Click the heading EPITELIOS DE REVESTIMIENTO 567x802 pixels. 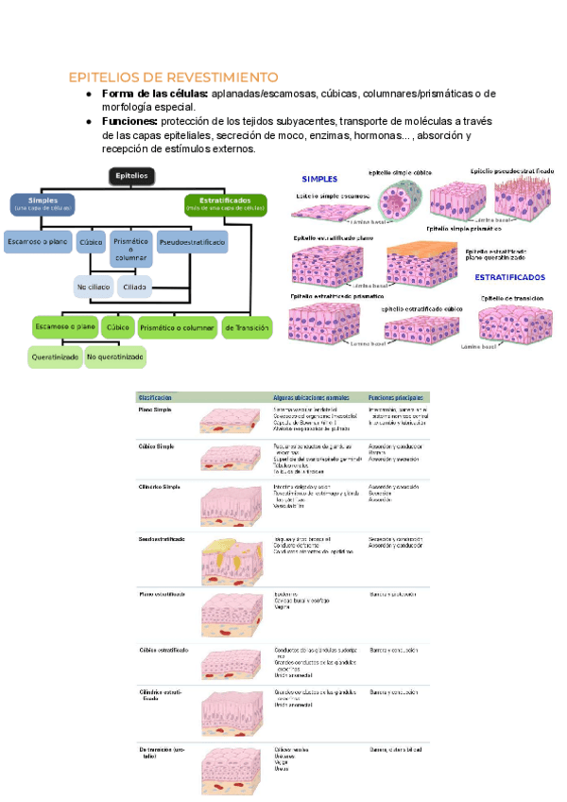click(173, 76)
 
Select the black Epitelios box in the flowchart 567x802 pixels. click(131, 176)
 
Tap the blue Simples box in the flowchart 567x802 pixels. click(43, 204)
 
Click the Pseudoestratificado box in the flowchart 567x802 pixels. click(192, 243)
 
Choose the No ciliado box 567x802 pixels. click(94, 287)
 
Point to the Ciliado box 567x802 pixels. click(135, 287)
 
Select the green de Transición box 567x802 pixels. click(247, 327)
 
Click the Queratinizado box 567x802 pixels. click(54, 357)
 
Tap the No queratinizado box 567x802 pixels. click(115, 357)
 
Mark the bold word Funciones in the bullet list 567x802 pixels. click(129, 122)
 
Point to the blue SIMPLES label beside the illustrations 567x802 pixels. click(319, 179)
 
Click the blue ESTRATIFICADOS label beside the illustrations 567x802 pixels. click(509, 277)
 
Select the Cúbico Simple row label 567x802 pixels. click(157, 444)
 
